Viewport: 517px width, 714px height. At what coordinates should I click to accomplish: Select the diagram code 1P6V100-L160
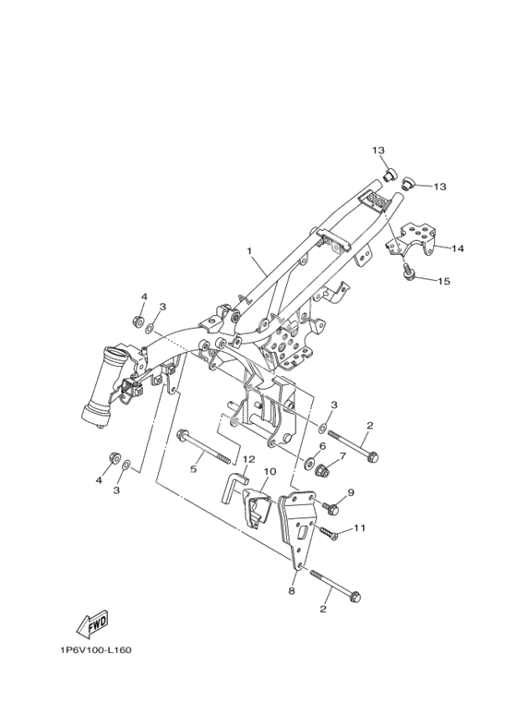96,649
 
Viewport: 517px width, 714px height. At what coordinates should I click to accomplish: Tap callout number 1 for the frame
249,250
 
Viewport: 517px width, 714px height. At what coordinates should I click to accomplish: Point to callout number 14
457,248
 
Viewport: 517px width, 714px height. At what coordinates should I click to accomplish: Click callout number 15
444,281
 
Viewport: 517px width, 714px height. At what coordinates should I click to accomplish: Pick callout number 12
249,459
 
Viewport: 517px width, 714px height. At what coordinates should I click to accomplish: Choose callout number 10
270,471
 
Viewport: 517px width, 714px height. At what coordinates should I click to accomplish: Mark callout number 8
292,590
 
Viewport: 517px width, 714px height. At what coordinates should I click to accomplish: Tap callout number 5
194,469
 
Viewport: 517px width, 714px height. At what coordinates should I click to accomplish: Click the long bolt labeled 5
207,448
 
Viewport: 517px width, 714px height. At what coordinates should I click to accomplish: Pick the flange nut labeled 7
322,469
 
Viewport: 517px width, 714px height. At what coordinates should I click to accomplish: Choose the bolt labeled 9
330,507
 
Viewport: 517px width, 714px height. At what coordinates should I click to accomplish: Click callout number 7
343,455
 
